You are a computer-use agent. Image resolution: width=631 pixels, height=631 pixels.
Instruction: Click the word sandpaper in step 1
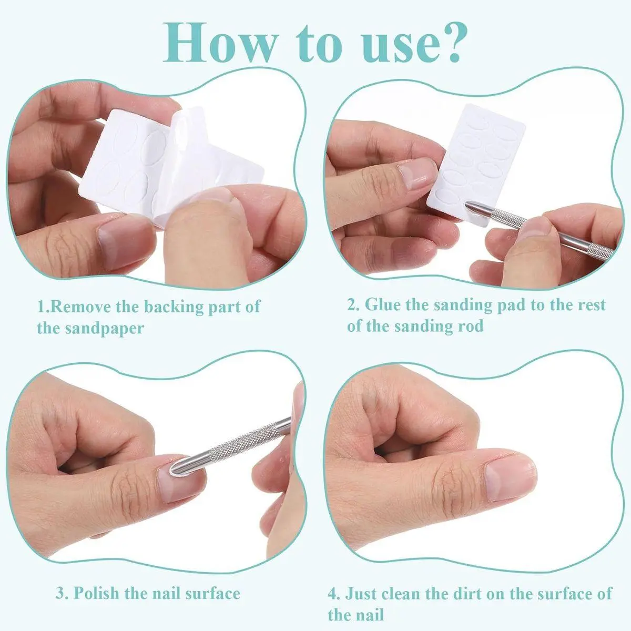pos(105,329)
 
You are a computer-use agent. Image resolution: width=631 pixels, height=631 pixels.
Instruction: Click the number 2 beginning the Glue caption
pos(352,305)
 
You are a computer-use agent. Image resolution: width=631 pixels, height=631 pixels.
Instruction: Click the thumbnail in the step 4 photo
pos(510,479)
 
